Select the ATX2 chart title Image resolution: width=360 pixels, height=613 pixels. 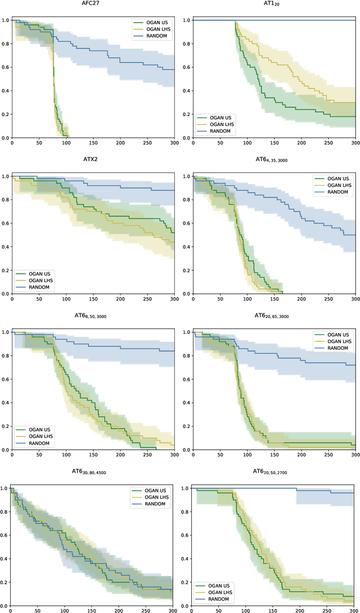[93, 162]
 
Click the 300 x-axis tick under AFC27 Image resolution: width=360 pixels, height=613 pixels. [174, 144]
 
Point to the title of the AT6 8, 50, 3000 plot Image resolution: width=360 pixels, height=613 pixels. [93, 318]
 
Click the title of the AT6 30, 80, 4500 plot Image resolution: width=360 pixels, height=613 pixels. [93, 474]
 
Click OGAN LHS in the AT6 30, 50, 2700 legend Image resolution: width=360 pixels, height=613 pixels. [220, 592]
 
